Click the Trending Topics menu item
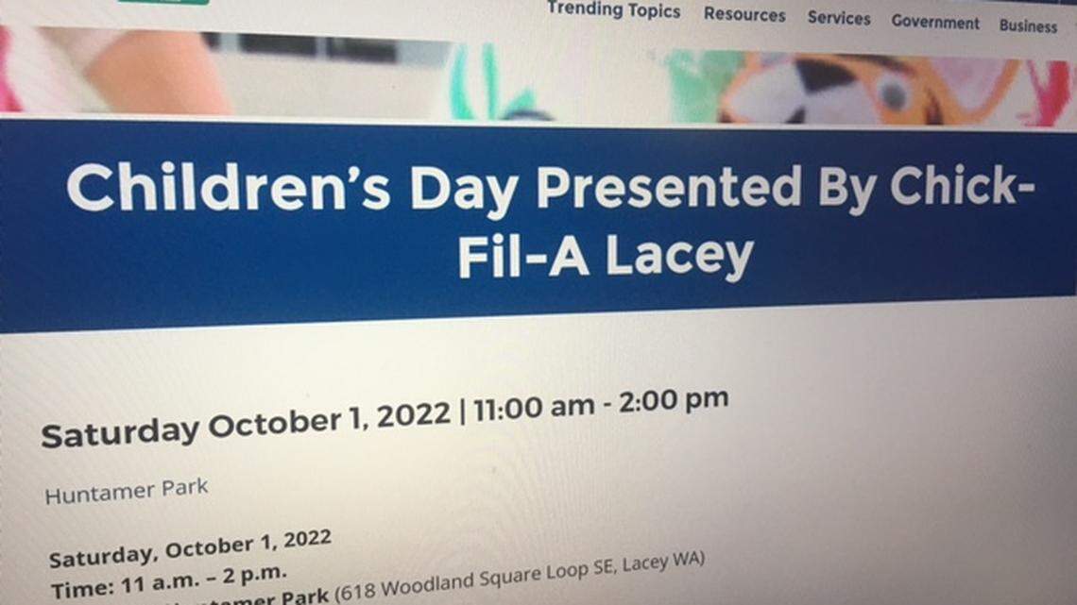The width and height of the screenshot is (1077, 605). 613,10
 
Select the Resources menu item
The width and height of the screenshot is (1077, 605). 744,14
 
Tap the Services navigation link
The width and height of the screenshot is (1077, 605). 838,18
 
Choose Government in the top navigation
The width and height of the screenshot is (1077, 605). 934,22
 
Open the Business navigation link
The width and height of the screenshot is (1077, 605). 1028,25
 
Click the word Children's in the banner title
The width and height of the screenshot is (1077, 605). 228,187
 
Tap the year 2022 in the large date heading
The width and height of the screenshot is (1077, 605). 413,416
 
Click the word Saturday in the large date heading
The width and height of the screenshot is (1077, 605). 119,433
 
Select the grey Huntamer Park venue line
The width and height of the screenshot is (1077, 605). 126,491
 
